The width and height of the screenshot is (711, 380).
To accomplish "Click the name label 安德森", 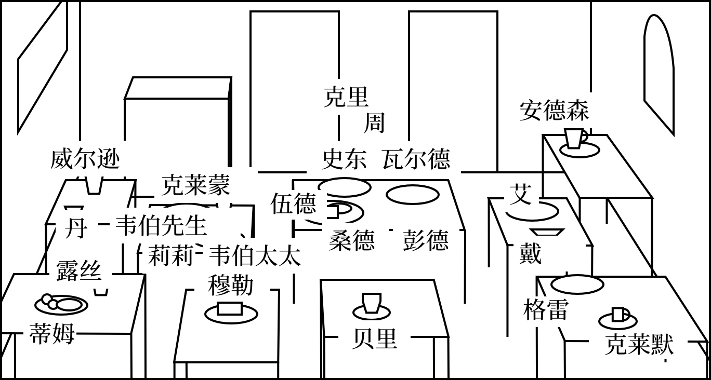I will click(x=554, y=111).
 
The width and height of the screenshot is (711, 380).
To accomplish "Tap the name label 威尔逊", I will click(x=85, y=159).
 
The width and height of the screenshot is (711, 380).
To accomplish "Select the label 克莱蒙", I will click(x=195, y=185).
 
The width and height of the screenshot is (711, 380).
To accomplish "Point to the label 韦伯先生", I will click(x=161, y=226).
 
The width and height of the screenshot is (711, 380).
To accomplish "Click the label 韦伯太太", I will click(x=255, y=256).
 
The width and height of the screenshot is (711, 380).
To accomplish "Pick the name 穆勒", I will click(x=231, y=285).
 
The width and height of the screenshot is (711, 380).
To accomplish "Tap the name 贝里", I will click(x=374, y=339).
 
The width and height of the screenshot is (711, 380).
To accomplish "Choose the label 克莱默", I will click(x=639, y=345).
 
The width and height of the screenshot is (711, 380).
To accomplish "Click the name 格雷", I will click(x=545, y=310).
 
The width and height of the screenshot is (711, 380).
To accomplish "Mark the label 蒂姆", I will click(x=52, y=334).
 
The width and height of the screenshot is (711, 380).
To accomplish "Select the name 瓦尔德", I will click(x=416, y=159).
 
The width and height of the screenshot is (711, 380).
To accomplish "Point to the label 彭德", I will click(x=425, y=241).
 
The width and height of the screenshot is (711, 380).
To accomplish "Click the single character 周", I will click(x=374, y=123).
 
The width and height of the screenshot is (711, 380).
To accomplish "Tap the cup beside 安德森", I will click(x=575, y=139).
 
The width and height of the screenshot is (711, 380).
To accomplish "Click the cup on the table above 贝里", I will click(x=372, y=303).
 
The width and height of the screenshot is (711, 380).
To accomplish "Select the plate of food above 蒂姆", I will click(x=61, y=304).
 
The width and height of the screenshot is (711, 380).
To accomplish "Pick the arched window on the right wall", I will click(x=659, y=73).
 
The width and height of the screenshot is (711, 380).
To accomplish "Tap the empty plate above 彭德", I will click(x=413, y=195).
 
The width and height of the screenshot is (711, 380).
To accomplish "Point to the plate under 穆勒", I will click(x=231, y=313).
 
